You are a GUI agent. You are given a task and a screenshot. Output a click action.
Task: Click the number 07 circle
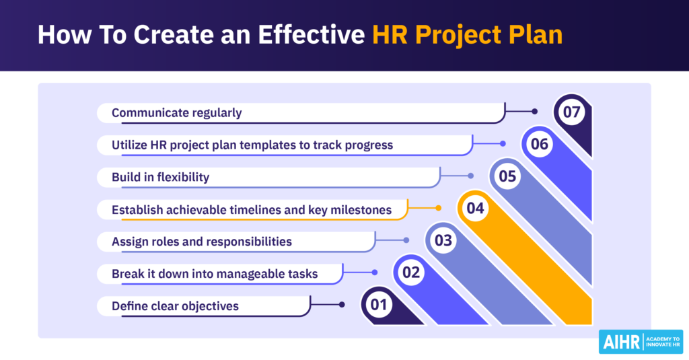(x=571, y=112)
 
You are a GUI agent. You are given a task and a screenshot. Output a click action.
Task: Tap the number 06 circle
(x=539, y=144)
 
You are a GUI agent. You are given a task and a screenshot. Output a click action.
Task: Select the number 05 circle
(x=507, y=176)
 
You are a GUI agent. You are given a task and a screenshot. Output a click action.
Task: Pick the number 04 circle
(x=475, y=209)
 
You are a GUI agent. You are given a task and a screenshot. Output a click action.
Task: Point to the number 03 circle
(x=443, y=241)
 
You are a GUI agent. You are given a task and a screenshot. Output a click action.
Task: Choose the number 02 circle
(x=410, y=273)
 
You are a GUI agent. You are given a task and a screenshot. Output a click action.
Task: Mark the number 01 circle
(x=379, y=305)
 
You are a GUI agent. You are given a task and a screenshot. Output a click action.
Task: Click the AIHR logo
(x=641, y=341)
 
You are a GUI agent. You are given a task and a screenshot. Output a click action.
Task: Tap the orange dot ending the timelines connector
(x=438, y=208)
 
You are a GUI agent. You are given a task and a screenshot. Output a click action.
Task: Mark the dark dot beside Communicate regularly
(x=535, y=111)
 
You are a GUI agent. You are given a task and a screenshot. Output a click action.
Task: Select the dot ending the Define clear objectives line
(x=342, y=305)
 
